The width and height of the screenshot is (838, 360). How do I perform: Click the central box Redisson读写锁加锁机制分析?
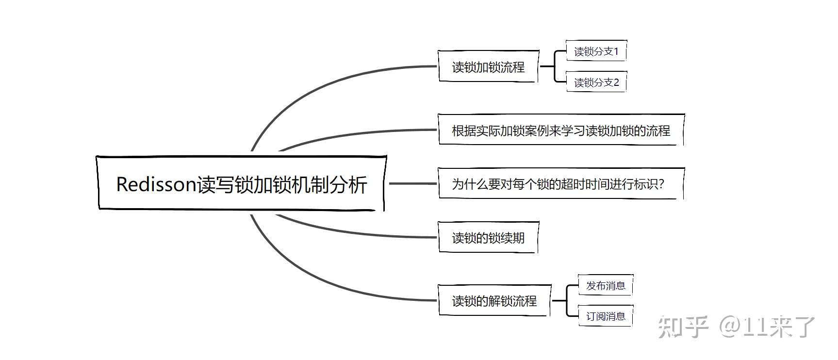pos(241,183)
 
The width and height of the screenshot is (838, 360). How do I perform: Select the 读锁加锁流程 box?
pos(488,66)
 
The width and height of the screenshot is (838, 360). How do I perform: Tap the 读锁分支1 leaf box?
pos(596,51)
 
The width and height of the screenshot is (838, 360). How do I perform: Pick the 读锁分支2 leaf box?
pos(596,82)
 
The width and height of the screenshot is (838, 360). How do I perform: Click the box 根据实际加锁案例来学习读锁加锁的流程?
pos(561,130)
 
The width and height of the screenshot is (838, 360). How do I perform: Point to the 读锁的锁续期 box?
pos(488,238)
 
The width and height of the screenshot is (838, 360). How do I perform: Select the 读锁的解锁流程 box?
pos(494,301)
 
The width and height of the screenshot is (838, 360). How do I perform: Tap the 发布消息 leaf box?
pos(606,285)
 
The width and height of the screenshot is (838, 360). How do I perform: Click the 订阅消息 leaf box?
pos(606,316)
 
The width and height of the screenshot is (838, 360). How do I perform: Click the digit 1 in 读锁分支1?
pos(616,51)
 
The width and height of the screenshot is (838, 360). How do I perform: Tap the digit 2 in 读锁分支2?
pos(616,82)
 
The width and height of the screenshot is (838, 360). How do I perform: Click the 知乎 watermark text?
pos(683,327)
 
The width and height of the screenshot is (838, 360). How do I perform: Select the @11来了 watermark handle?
pos(767,327)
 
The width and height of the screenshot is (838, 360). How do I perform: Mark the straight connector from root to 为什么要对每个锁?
pos(412,183)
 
